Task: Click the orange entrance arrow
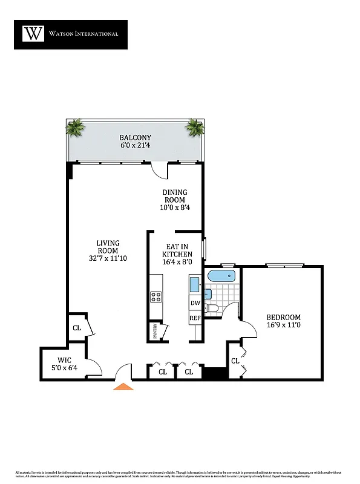[x=123, y=386]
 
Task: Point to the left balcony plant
[x=76, y=128]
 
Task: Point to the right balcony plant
[x=195, y=127]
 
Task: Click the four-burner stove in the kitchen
[x=155, y=296]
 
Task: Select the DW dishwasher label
[x=195, y=304]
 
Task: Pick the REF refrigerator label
[x=195, y=318]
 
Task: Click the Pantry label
[x=155, y=332]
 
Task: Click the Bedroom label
[x=283, y=321]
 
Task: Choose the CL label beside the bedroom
[x=235, y=361]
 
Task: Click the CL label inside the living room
[x=77, y=328]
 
